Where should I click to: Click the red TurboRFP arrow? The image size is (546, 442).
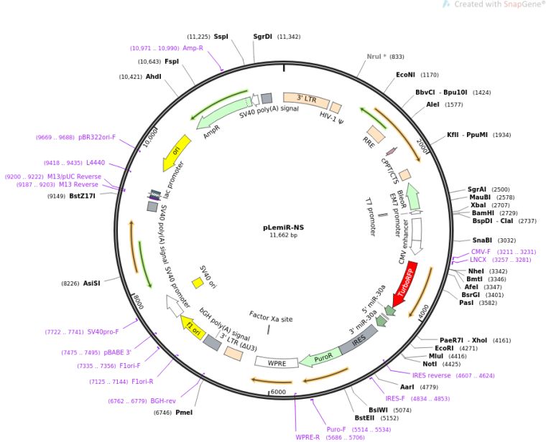click(x=405, y=284)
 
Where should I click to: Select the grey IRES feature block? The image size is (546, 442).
click(x=358, y=339)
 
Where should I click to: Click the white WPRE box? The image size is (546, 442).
click(x=277, y=362)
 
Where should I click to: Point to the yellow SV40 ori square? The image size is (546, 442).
click(x=198, y=283)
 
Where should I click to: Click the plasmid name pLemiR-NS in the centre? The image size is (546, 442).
click(x=284, y=227)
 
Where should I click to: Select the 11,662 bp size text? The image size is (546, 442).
click(x=284, y=235)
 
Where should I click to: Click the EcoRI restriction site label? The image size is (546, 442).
click(x=444, y=348)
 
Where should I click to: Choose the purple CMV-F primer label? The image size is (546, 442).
click(x=481, y=252)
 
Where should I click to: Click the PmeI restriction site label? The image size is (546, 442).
click(x=184, y=413)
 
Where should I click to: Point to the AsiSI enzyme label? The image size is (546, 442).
click(x=91, y=283)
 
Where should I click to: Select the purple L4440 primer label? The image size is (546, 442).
click(x=96, y=163)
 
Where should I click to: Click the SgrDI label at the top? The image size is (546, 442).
click(x=262, y=37)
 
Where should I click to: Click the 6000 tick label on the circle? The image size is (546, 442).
click(x=278, y=392)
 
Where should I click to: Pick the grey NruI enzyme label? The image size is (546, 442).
click(x=376, y=57)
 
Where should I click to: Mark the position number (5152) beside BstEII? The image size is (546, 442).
click(x=389, y=418)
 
